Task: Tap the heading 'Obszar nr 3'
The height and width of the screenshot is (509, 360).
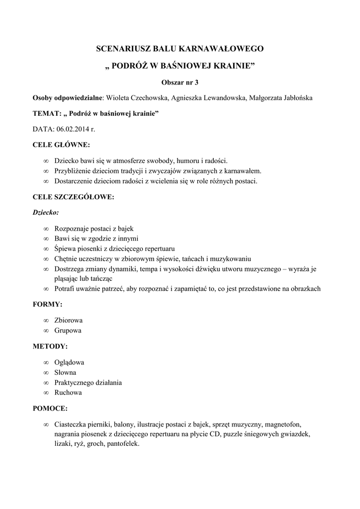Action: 180,81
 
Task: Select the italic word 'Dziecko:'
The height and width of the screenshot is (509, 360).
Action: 45,212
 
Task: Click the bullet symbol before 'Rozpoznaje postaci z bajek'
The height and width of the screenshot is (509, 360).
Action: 46,229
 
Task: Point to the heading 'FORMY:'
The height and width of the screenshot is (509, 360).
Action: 48,304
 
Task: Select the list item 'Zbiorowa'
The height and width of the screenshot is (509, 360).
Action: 68,320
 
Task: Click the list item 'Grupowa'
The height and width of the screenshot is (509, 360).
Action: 68,330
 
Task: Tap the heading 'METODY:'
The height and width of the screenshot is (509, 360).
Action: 50,346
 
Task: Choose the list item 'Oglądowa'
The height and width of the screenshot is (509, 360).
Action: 69,362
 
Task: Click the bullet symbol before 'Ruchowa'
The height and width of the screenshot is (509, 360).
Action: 46,392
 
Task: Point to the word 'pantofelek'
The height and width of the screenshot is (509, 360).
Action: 123,443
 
